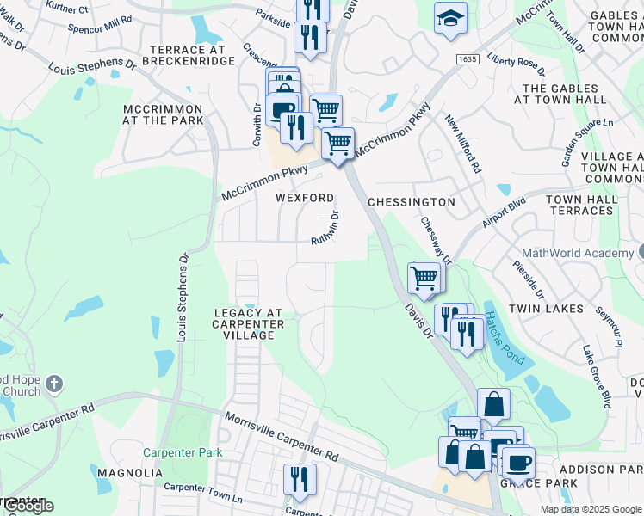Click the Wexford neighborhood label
(304, 198)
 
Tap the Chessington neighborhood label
(411, 201)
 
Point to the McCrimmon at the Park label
(163, 114)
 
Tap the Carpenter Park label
(183, 452)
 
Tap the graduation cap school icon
(450, 17)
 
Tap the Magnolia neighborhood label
(130, 473)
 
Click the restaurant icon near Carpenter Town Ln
(300, 478)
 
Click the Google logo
(28, 507)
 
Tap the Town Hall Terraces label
(581, 205)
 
